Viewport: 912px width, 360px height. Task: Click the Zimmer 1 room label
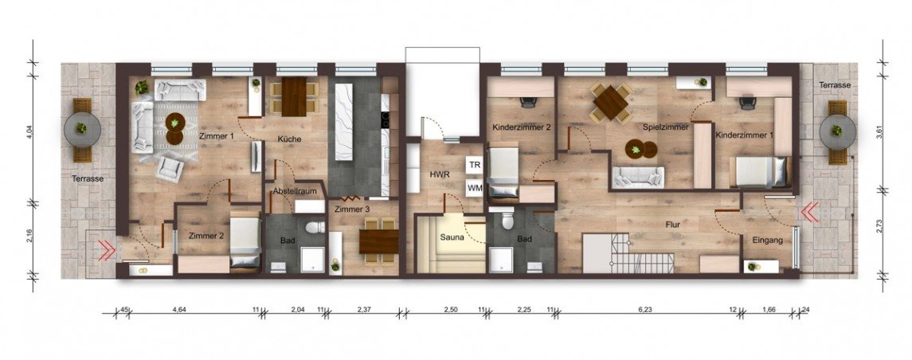point(216,136)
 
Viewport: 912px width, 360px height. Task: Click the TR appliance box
point(475,165)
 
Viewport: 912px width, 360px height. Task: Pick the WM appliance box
point(475,188)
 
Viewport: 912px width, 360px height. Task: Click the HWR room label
point(436,174)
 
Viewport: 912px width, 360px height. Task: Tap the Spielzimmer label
point(665,126)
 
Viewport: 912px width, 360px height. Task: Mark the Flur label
point(674,223)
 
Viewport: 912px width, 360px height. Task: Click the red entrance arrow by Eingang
point(809,213)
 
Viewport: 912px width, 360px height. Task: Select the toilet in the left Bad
point(314,226)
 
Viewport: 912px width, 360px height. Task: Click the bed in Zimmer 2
point(245,241)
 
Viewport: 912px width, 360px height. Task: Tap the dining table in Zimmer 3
point(378,241)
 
